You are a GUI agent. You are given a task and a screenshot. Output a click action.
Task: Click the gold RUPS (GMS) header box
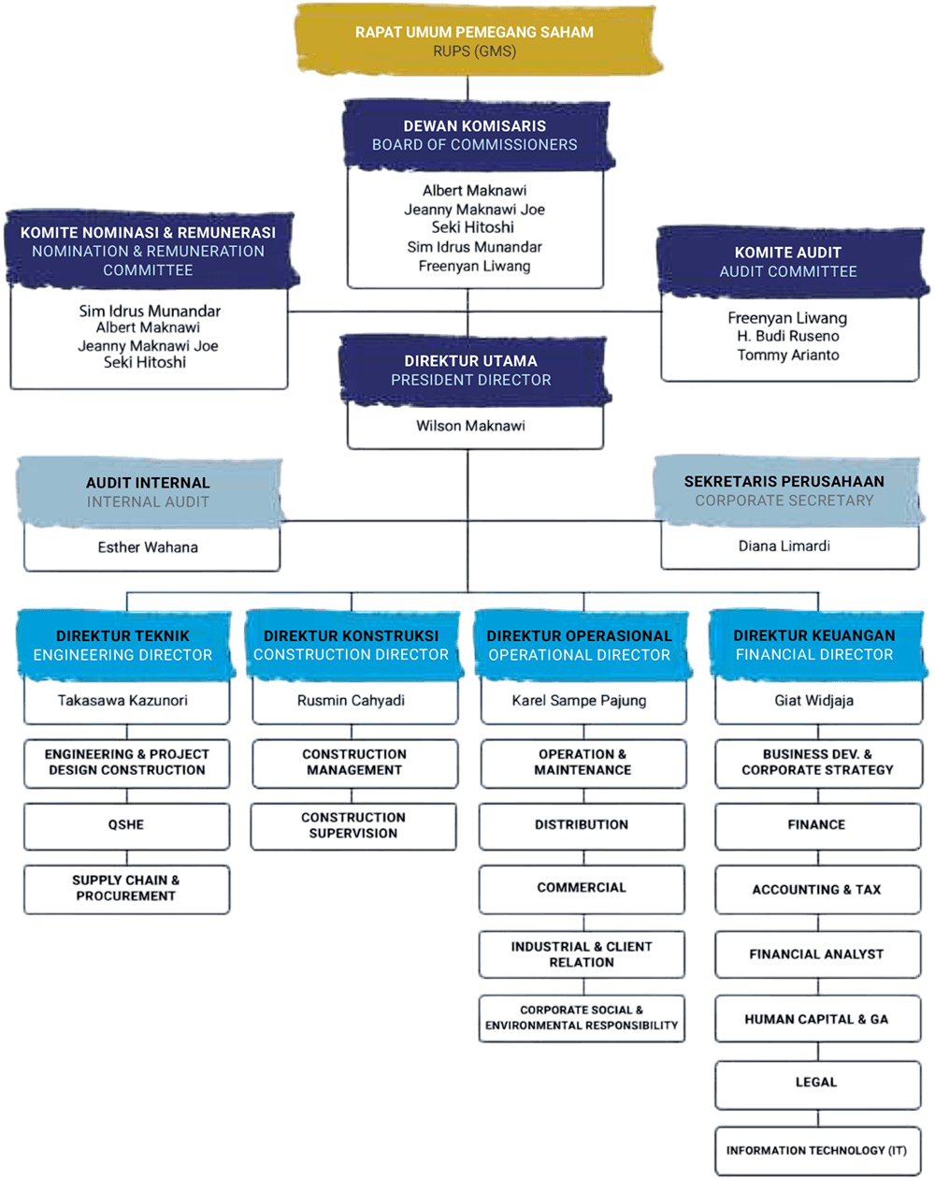click(479, 40)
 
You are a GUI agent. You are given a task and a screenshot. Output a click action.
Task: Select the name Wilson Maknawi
click(470, 426)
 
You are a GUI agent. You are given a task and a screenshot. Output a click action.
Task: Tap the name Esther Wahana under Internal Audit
click(148, 546)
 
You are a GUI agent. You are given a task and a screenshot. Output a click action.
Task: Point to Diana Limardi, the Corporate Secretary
click(784, 546)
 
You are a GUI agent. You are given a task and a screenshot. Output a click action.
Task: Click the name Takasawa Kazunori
click(122, 700)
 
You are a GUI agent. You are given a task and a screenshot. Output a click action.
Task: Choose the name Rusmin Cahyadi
click(351, 700)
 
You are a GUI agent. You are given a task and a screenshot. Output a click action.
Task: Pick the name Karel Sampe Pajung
click(579, 700)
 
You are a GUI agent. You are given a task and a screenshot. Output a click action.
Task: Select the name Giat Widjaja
click(814, 700)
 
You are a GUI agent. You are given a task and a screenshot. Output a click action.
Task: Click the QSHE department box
click(126, 826)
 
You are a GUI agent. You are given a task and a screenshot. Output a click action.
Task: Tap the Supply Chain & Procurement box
click(126, 889)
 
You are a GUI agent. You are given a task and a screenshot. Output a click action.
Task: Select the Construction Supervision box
click(353, 826)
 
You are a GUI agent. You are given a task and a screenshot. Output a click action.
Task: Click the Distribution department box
click(582, 826)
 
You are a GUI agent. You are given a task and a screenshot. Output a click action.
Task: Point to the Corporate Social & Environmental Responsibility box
click(582, 1018)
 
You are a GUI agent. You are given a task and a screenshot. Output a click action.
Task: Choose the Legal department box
click(818, 1084)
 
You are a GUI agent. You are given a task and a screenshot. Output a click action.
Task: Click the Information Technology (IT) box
click(818, 1151)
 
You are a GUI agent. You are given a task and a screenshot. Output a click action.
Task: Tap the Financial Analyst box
click(818, 954)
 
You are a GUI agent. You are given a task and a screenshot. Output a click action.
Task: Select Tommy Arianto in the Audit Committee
click(788, 355)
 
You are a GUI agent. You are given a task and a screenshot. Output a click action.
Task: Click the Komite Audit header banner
click(792, 262)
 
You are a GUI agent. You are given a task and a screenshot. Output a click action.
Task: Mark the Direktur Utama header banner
click(474, 371)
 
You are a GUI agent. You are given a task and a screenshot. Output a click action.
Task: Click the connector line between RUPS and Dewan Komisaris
click(467, 88)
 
